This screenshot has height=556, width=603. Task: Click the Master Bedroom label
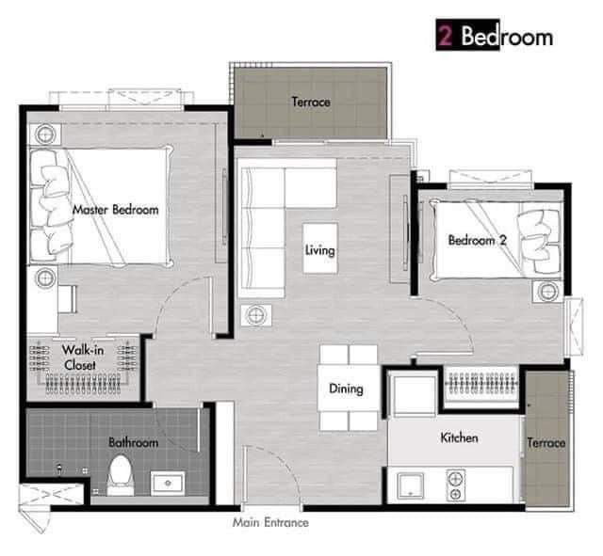click(x=115, y=210)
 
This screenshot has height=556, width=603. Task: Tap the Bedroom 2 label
click(x=478, y=241)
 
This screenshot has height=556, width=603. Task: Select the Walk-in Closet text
click(x=82, y=357)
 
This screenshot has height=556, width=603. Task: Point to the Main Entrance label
click(x=270, y=522)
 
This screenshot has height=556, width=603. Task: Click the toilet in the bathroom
click(x=121, y=475)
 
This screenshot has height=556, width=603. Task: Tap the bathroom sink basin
click(x=168, y=483)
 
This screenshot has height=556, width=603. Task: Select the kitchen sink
click(x=411, y=485)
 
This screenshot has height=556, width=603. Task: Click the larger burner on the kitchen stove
click(x=456, y=479)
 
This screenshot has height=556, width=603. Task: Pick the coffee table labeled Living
click(x=320, y=248)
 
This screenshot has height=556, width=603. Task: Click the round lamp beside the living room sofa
click(x=256, y=315)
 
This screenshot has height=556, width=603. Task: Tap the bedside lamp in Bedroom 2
click(x=547, y=292)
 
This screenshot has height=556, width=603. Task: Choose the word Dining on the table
click(x=346, y=389)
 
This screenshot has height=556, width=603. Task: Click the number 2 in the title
click(x=446, y=36)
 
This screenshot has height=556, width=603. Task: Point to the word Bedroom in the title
click(x=507, y=36)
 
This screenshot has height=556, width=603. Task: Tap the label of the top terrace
click(x=311, y=102)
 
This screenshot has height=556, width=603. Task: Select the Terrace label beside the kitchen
click(x=546, y=443)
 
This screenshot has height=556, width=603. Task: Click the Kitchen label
click(x=459, y=437)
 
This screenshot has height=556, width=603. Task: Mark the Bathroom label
click(x=133, y=442)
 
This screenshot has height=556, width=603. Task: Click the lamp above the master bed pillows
click(x=45, y=135)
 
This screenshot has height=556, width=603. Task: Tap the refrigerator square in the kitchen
click(x=414, y=395)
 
